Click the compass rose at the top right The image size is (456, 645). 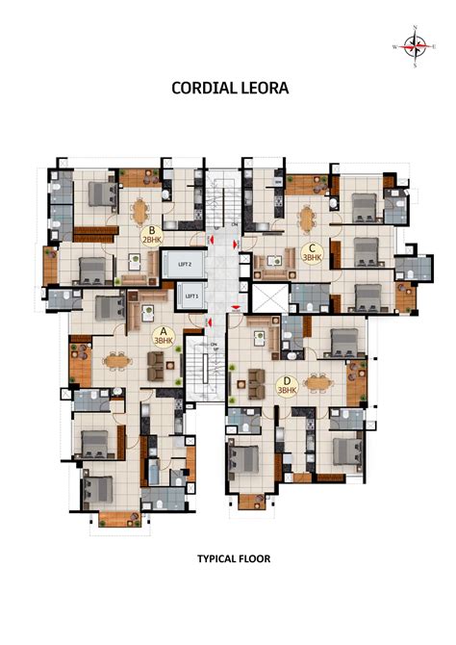coord(415,44)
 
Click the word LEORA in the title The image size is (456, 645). coord(261,88)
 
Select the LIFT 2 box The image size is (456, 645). coord(186,263)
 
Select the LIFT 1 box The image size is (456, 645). coord(190,297)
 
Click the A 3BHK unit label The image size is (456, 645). coord(162,336)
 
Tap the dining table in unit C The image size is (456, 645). coord(308,217)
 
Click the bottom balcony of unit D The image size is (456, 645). coord(252,501)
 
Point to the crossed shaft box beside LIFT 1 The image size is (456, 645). coord(266,296)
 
